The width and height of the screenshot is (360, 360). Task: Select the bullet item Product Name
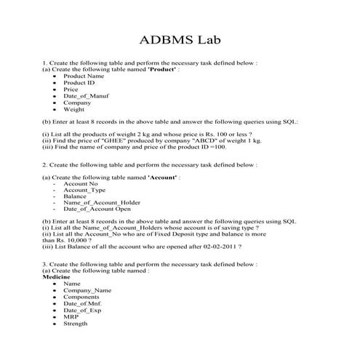[83, 76]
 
